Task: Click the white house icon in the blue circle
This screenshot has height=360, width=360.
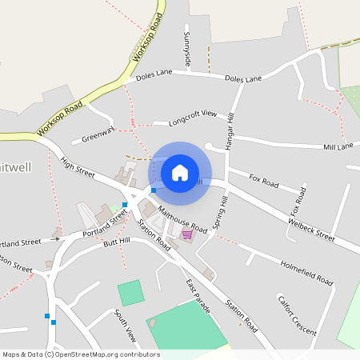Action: (180, 172)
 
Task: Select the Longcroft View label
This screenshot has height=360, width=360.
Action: (193, 118)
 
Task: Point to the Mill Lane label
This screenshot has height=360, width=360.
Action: (338, 147)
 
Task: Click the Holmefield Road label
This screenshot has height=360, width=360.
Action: (306, 271)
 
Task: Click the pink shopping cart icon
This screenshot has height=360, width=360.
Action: (187, 234)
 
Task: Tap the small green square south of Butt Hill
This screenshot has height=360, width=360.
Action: (130, 293)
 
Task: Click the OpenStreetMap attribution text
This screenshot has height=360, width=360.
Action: (80, 354)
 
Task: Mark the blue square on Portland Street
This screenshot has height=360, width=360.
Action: (125, 206)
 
